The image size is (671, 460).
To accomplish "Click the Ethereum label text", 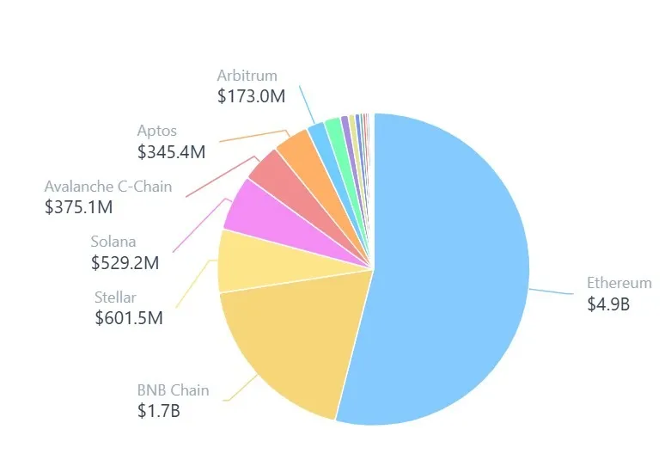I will click(619, 283).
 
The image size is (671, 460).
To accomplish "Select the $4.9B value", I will click(608, 304).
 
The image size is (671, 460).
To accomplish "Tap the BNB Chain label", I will click(173, 390).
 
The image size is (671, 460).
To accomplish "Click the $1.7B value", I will click(158, 411).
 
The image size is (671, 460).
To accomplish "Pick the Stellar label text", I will click(115, 297).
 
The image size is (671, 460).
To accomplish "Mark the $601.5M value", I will click(129, 318).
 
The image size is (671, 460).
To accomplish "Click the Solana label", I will click(113, 242).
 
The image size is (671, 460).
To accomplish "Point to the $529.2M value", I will click(125, 263).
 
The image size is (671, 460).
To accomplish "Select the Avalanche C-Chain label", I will click(108, 187).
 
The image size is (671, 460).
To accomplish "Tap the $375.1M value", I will click(78, 207).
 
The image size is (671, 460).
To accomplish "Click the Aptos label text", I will click(157, 131).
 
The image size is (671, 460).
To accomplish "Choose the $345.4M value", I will click(171, 152).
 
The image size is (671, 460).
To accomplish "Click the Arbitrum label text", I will click(247, 76).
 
